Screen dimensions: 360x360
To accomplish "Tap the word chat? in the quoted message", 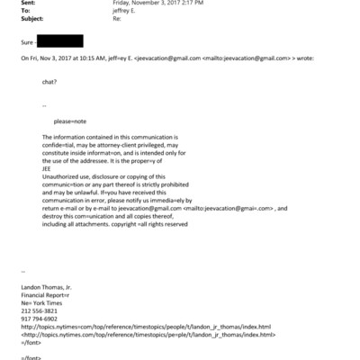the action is (50, 81).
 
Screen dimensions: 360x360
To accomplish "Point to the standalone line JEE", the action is (47, 166).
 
